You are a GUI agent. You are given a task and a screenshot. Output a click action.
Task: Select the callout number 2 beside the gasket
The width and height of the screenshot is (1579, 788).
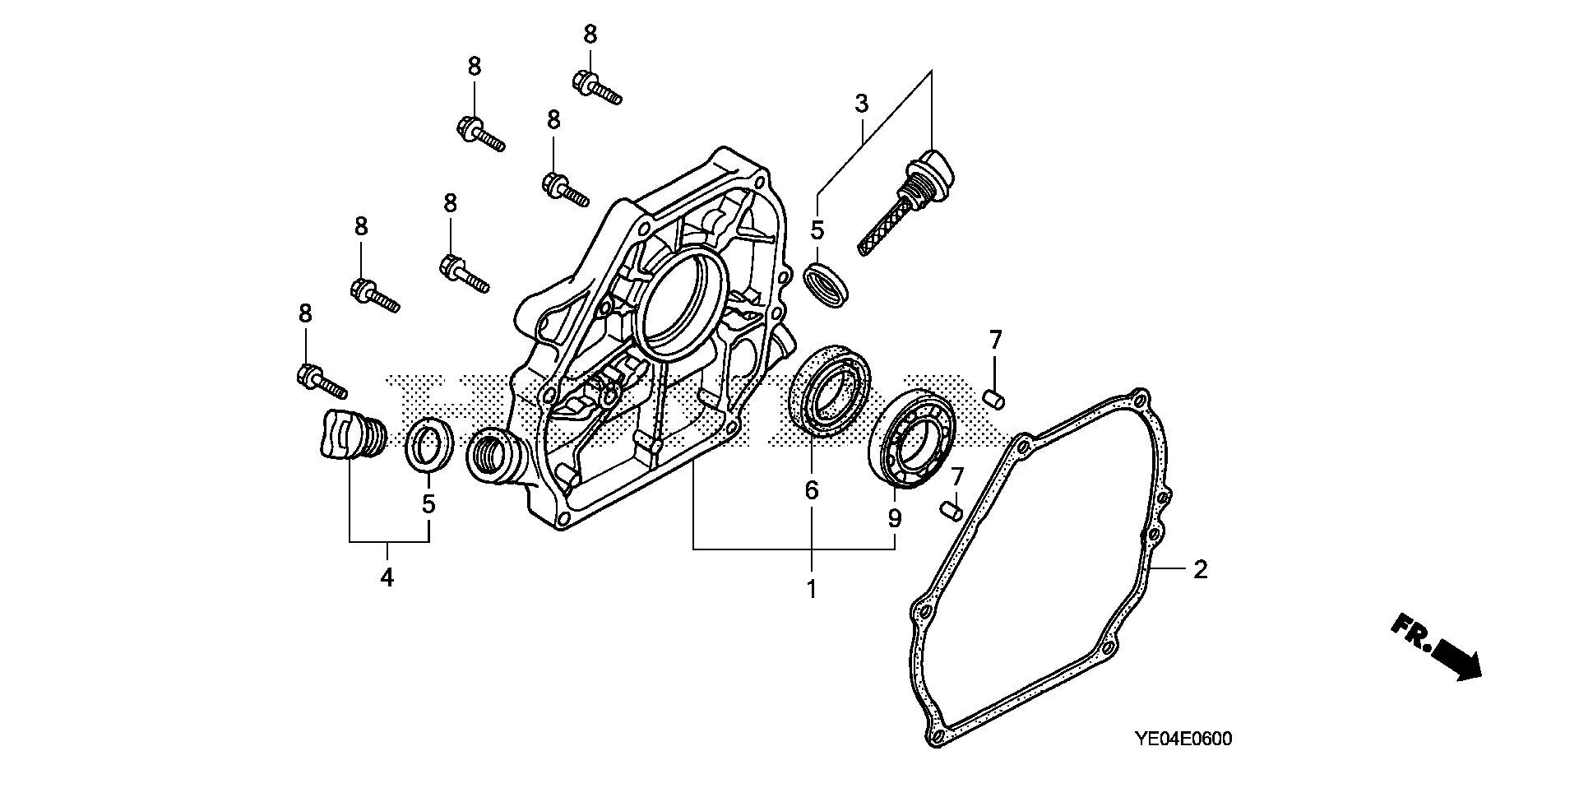pos(1200,569)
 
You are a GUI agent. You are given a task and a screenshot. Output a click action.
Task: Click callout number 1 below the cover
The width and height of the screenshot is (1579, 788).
pos(811,589)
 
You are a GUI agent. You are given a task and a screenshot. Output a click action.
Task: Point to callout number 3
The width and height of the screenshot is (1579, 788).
pos(861,104)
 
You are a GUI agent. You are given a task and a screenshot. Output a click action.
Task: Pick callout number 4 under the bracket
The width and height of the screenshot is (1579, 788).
pos(387,577)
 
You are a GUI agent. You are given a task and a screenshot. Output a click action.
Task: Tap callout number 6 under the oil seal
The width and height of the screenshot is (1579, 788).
pos(811,491)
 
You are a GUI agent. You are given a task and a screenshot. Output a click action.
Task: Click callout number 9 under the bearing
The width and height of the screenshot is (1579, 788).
pos(894,519)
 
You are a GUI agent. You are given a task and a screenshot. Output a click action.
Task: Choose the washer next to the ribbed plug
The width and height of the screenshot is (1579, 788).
pos(429,445)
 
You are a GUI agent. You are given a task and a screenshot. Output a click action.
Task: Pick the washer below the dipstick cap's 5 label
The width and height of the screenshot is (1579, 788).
pos(826,285)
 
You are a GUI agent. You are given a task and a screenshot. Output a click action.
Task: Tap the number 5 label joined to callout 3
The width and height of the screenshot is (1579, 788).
pos(817,230)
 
